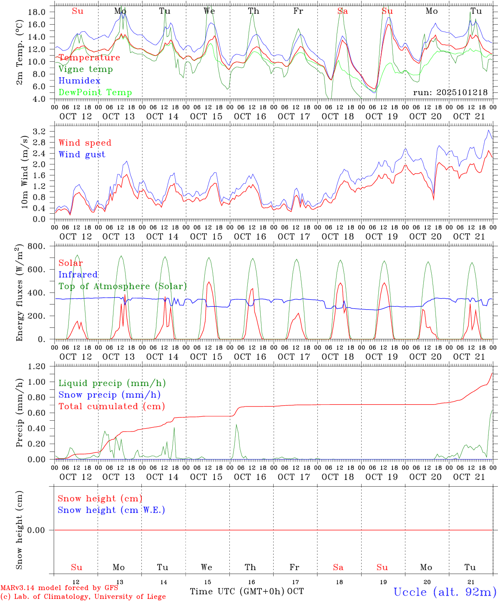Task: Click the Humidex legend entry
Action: tap(79, 81)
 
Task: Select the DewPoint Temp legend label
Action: tap(95, 93)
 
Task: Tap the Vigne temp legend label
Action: tap(86, 69)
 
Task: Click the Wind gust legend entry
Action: tap(82, 154)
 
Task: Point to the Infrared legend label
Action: tap(78, 275)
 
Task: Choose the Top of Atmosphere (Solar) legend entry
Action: tap(122, 286)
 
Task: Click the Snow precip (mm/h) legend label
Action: tap(109, 395)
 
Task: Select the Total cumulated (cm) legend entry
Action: tap(111, 407)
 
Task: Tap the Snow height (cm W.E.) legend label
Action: tap(111, 510)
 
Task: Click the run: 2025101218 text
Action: tap(450, 93)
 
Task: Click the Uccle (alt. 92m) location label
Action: tap(445, 592)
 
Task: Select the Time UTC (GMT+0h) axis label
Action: tap(237, 591)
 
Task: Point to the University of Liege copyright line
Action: tap(83, 597)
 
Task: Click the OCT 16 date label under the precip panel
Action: tap(250, 477)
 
